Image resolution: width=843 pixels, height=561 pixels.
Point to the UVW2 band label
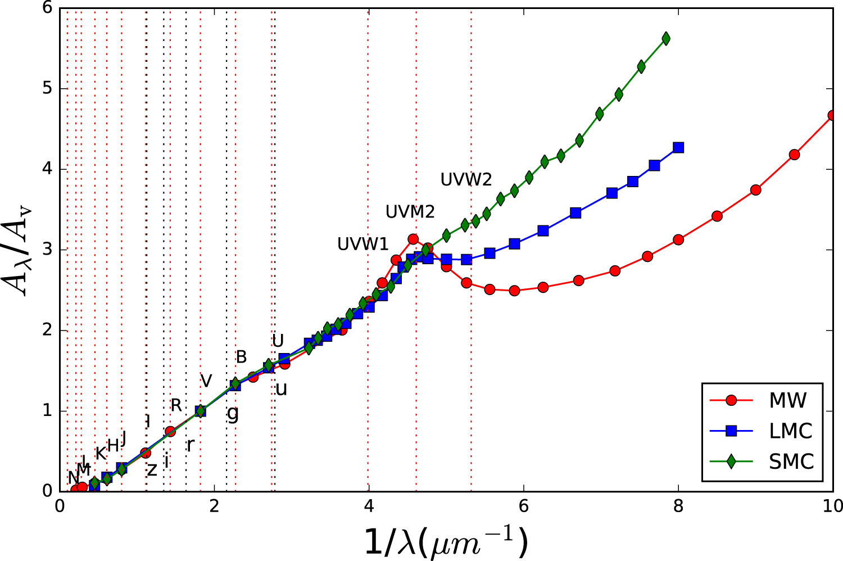pos(466,180)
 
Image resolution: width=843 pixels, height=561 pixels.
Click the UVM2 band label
pos(410,212)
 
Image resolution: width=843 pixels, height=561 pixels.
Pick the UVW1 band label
pos(362,244)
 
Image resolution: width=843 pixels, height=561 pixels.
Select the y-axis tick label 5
pos(47,89)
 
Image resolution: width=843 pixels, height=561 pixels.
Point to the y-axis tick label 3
pos(47,250)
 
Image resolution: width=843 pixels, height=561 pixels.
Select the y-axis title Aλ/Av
pos(20,250)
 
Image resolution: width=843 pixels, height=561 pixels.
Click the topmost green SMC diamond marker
pos(666,39)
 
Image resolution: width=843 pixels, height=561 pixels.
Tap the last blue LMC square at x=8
pos(678,147)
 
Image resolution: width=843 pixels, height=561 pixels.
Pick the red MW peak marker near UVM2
pos(413,239)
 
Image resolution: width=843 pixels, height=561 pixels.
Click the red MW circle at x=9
pos(755,190)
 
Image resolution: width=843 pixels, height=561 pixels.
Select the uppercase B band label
pos(241,356)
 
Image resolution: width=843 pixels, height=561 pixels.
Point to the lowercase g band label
pos(233,414)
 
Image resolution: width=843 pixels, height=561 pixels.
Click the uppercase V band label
pos(206,381)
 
